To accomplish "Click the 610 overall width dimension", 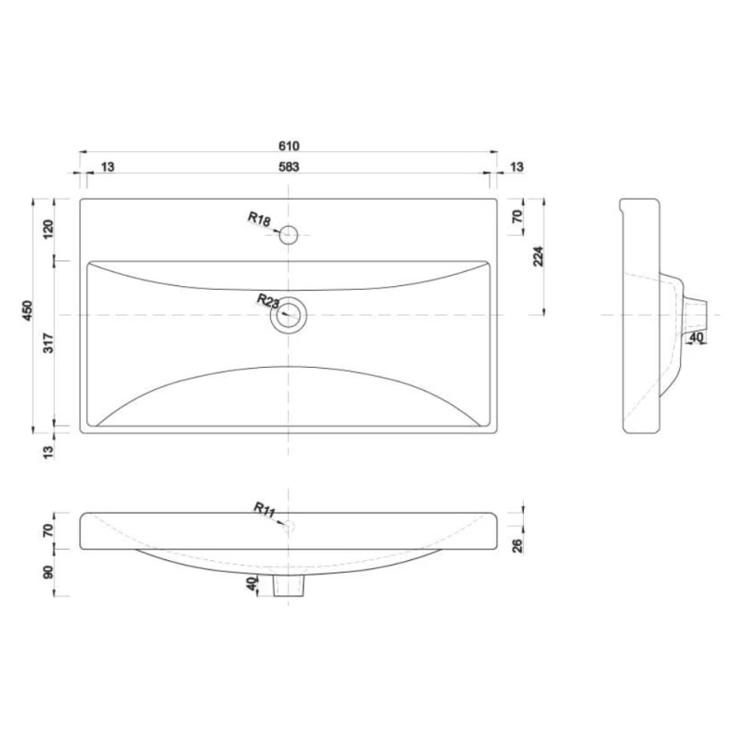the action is (289, 146).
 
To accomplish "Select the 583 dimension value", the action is (289, 167).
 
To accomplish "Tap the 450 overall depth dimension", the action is (28, 310).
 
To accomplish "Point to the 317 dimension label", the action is (48, 343).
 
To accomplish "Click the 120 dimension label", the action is (48, 229).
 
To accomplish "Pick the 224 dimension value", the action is (539, 256).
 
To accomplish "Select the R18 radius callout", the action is (259, 219).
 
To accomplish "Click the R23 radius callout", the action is (268, 301).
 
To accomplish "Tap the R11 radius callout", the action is (265, 509).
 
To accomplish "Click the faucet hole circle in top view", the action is (288, 226).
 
